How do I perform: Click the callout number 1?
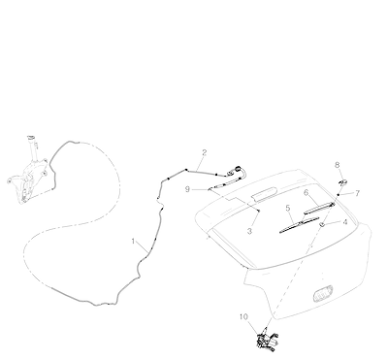(133, 241)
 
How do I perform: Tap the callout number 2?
(204, 152)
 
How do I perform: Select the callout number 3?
(249, 232)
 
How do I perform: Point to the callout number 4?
(345, 222)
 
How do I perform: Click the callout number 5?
(288, 208)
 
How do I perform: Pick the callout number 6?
(307, 193)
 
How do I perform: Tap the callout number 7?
(357, 193)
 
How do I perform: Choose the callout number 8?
(338, 165)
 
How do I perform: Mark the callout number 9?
(187, 189)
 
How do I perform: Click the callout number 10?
(243, 316)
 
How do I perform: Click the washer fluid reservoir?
(28, 173)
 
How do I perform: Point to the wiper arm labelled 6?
(319, 208)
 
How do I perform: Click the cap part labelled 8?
(343, 182)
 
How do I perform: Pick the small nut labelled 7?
(339, 195)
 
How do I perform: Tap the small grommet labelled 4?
(322, 224)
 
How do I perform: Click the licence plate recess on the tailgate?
(323, 293)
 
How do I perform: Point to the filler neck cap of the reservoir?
(31, 138)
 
